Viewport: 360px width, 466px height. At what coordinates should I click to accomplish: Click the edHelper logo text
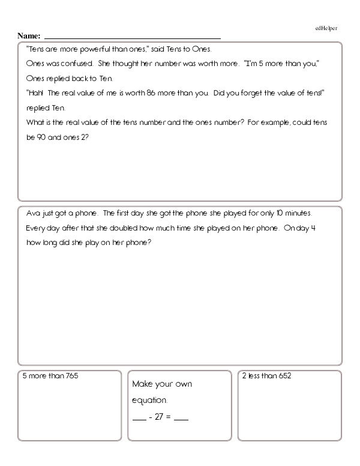pyautogui.click(x=326, y=28)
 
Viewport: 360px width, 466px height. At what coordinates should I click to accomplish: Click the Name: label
pyautogui.click(x=29, y=36)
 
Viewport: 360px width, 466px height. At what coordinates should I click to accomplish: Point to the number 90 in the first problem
pyautogui.click(x=43, y=136)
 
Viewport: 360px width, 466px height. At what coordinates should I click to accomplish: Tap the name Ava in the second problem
pyautogui.click(x=34, y=214)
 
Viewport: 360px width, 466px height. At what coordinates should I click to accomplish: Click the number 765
pyautogui.click(x=70, y=376)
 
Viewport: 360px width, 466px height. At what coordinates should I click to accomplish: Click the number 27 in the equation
pyautogui.click(x=159, y=417)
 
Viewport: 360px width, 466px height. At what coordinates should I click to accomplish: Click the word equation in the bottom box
pyautogui.click(x=149, y=400)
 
